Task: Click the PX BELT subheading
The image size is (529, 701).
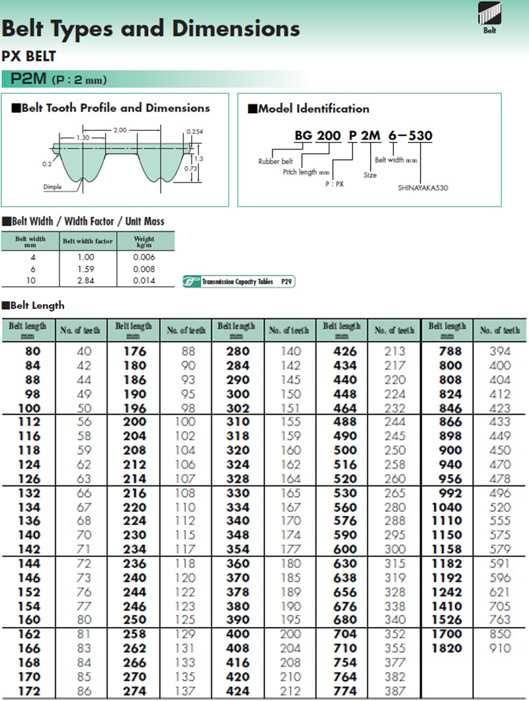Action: [x=28, y=56]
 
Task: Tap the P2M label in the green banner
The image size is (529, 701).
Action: [x=28, y=79]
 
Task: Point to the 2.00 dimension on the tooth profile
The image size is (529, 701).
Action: [x=120, y=130]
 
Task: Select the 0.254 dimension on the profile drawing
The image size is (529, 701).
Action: [x=194, y=132]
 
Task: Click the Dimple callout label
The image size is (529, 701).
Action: [x=53, y=187]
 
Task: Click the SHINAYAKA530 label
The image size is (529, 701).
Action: [x=423, y=188]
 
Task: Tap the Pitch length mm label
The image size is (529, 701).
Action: [x=306, y=172]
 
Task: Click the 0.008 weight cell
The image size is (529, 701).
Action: [x=143, y=269]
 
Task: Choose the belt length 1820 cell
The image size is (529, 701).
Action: [x=446, y=648]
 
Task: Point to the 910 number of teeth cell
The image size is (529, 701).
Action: [x=500, y=648]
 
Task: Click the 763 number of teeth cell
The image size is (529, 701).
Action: [x=500, y=620]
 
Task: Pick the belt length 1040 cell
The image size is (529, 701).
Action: [x=446, y=507]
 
